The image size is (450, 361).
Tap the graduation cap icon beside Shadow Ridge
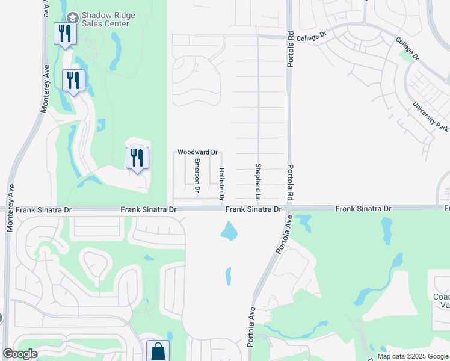pyautogui.click(x=73, y=19)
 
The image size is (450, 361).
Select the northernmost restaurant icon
pyautogui.click(x=64, y=34)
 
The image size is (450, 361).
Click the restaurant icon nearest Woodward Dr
pyautogui.click(x=137, y=158)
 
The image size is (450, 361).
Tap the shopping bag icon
pyautogui.click(x=158, y=350)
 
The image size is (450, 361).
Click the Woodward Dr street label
pyautogui.click(x=197, y=153)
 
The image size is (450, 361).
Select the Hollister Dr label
pyautogui.click(x=221, y=184)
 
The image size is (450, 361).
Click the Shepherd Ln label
pyautogui.click(x=257, y=182)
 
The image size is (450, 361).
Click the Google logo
pyautogui.click(x=20, y=354)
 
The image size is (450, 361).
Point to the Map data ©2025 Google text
pyautogui.click(x=413, y=356)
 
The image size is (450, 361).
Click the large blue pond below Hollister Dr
pyautogui.click(x=229, y=231)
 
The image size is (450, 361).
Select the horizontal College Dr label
pyautogui.click(x=311, y=36)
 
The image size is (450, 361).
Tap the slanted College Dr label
pyautogui.click(x=407, y=49)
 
